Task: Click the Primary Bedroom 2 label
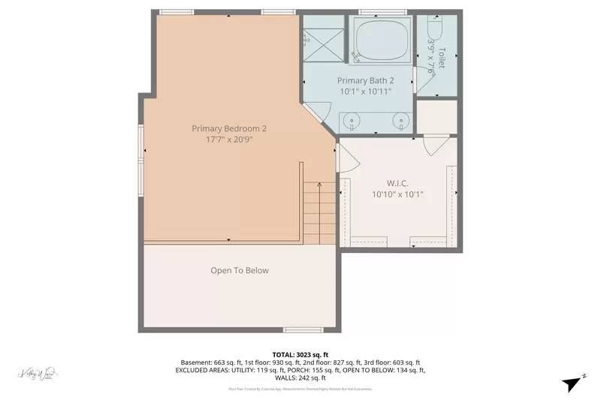click(229, 128)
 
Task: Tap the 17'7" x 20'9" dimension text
click(229, 139)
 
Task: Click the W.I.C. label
click(397, 182)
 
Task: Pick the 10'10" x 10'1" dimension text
click(397, 194)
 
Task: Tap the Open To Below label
click(240, 270)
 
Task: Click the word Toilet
click(442, 59)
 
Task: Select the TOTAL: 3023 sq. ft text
click(300, 354)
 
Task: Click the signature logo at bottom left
click(38, 373)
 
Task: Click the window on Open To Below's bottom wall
click(303, 329)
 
